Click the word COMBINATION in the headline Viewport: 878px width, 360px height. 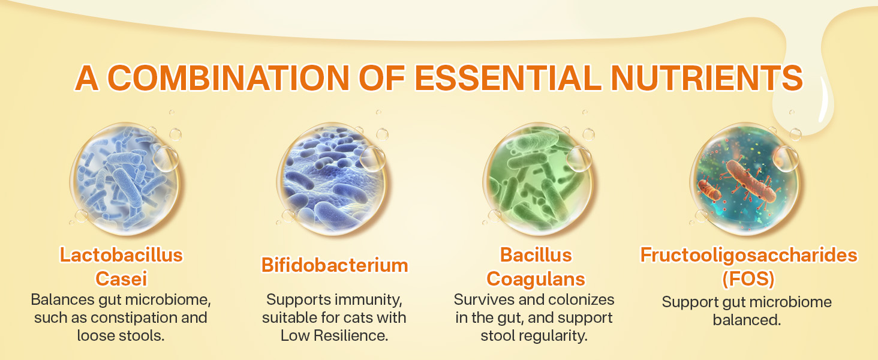(x=230, y=78)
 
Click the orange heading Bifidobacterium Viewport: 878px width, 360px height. (x=335, y=265)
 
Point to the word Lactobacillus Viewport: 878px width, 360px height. (x=121, y=255)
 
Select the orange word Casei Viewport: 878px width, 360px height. (x=121, y=278)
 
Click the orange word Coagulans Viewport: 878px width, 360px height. (x=536, y=278)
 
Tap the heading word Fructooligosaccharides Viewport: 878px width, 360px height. (x=748, y=255)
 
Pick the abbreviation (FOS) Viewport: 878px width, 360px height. (x=747, y=278)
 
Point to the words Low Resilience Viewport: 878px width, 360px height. (x=335, y=335)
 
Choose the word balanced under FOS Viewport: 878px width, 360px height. (x=747, y=320)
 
